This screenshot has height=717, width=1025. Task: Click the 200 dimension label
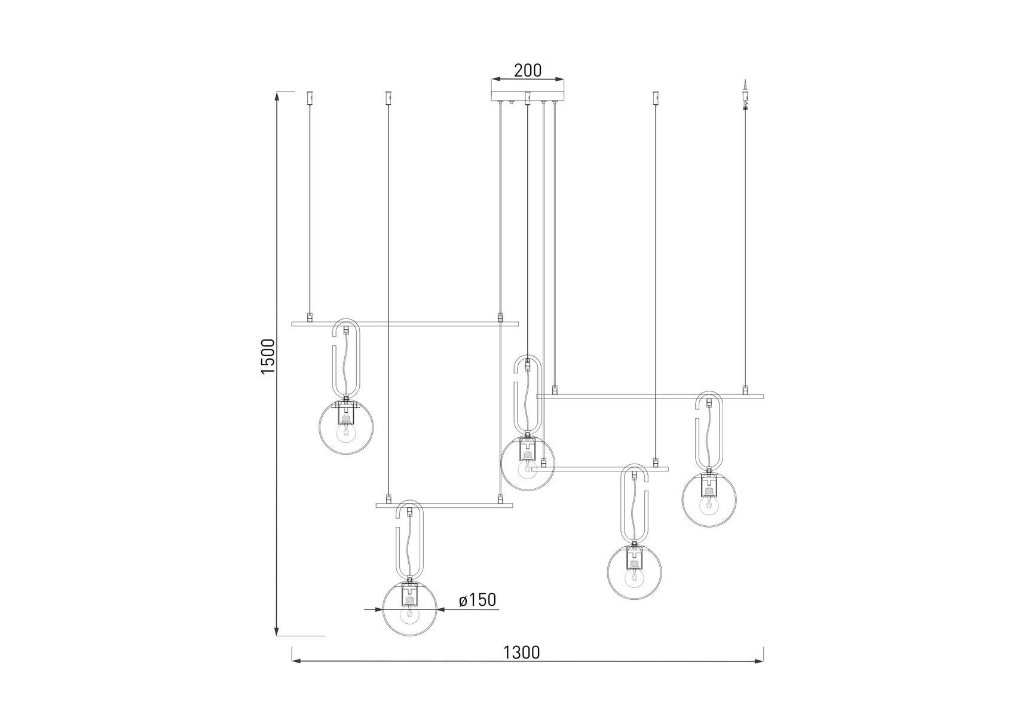click(528, 71)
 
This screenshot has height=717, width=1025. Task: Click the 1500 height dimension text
click(268, 357)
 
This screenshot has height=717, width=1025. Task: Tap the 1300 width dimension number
click(522, 652)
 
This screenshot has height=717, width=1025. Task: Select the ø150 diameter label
click(478, 600)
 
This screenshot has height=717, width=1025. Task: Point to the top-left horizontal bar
click(405, 324)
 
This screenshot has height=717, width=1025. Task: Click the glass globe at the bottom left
click(409, 608)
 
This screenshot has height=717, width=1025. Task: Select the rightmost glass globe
click(709, 500)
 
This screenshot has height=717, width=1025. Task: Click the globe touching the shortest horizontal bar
click(527, 463)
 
